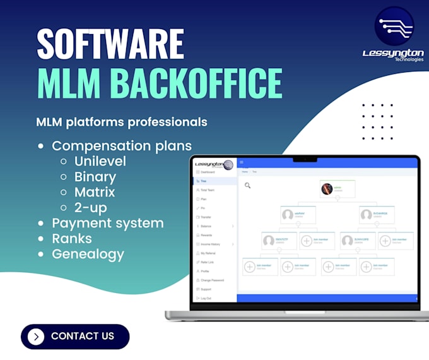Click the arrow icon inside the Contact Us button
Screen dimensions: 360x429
[x=37, y=336]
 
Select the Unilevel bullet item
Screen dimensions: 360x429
[x=100, y=161]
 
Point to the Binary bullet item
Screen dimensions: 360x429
[x=95, y=176]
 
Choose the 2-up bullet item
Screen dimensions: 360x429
[x=90, y=207]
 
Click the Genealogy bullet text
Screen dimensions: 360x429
[x=88, y=254]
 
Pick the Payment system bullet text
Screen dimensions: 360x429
[x=107, y=223]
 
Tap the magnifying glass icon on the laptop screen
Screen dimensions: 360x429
[x=248, y=185]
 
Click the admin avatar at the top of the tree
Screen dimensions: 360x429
[x=327, y=188]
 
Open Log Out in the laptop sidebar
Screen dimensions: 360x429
[x=206, y=297]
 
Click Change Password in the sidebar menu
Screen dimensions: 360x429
[x=211, y=280]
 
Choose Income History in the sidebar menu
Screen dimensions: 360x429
[x=211, y=244]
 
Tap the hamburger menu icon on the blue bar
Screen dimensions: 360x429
[x=242, y=163]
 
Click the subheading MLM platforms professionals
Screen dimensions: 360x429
[x=122, y=121]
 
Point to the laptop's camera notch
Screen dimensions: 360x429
[x=305, y=159]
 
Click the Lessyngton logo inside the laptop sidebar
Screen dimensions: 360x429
[x=213, y=164]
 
